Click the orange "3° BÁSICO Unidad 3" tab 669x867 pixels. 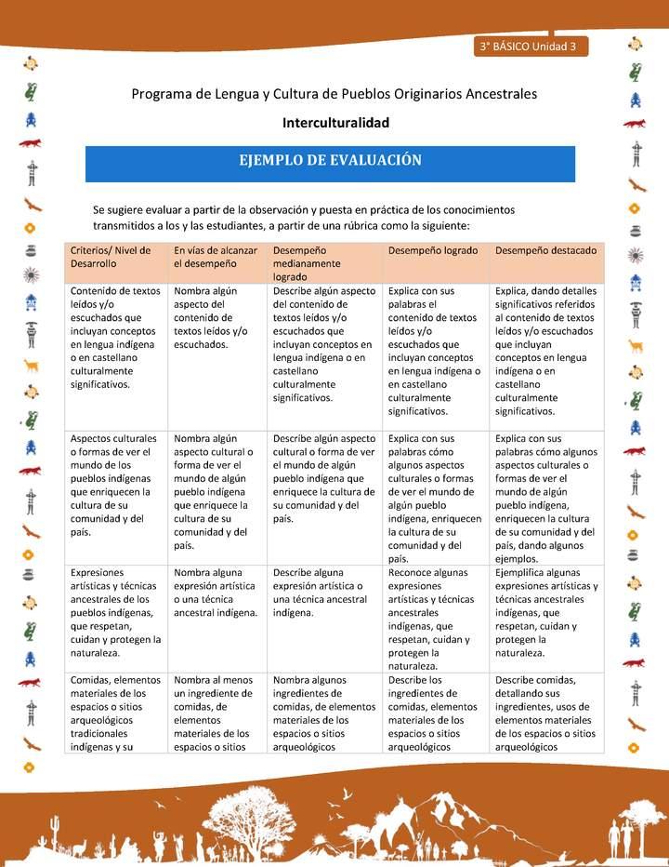pos(529,46)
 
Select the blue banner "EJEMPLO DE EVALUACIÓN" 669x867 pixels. pos(330,161)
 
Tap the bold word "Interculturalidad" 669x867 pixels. pos(335,122)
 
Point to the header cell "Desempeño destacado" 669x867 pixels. pos(545,251)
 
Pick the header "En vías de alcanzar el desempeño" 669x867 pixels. pos(216,257)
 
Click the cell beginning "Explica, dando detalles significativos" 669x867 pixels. pos(546,351)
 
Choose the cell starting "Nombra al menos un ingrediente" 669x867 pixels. pos(216,713)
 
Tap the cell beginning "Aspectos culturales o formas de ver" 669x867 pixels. pos(115,485)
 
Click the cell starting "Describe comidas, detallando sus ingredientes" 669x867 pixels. pos(546,713)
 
